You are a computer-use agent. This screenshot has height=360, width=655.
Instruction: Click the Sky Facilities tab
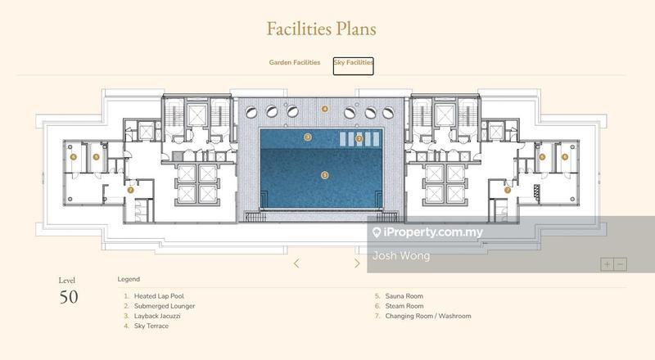pyautogui.click(x=353, y=65)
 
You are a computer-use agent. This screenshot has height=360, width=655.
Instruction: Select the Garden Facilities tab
pyautogui.click(x=295, y=62)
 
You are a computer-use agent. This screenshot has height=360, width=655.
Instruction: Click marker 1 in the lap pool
pyautogui.click(x=325, y=174)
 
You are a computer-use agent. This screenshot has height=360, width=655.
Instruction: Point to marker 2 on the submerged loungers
pyautogui.click(x=359, y=139)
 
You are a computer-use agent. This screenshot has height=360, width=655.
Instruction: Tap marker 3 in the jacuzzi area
pyautogui.click(x=308, y=137)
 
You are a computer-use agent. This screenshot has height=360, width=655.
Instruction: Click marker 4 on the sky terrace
pyautogui.click(x=325, y=108)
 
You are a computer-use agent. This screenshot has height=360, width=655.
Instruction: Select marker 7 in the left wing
pyautogui.click(x=130, y=190)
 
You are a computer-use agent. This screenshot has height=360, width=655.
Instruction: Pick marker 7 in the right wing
pyautogui.click(x=508, y=190)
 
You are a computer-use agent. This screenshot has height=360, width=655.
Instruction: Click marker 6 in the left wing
pyautogui.click(x=73, y=155)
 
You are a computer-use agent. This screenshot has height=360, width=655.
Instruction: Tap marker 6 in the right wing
pyautogui.click(x=565, y=156)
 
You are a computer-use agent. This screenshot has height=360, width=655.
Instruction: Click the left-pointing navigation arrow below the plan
pyautogui.click(x=296, y=263)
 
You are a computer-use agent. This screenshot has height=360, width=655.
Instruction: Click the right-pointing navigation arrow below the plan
pyautogui.click(x=357, y=263)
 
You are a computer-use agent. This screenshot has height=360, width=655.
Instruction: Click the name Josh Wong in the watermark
pyautogui.click(x=400, y=255)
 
